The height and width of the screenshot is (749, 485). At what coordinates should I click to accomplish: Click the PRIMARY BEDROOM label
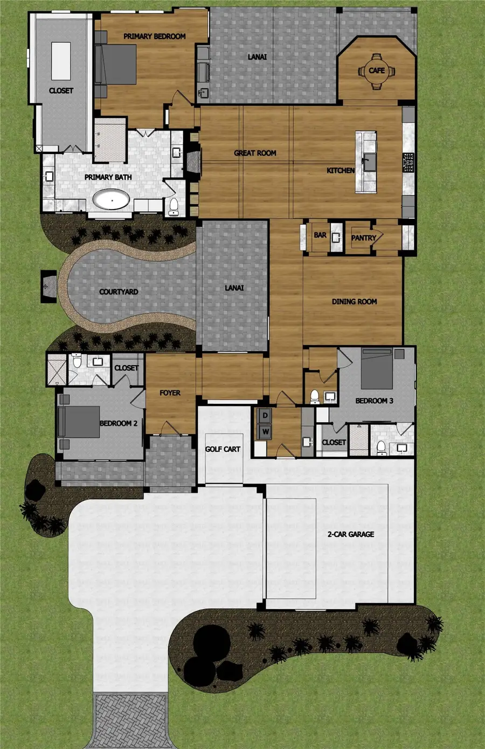coord(154,36)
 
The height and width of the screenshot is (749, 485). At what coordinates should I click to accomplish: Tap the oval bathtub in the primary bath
coord(111,200)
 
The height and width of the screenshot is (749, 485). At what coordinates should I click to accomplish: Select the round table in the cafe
coord(377,71)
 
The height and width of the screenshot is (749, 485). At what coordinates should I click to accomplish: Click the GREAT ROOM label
coord(255,153)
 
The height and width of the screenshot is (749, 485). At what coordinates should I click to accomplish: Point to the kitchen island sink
coord(370,162)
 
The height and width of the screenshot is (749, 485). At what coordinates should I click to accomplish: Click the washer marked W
coord(266,431)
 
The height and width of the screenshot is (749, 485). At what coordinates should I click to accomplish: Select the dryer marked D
coord(265,416)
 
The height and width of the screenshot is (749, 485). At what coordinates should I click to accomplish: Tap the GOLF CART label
coord(223,449)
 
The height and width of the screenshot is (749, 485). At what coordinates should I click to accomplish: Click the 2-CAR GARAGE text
coord(351,534)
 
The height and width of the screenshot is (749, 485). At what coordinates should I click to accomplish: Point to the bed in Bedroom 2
coord(79,422)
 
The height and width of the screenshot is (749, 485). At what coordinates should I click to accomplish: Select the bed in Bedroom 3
coord(377,368)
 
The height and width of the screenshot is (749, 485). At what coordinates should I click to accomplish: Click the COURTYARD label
coord(119,291)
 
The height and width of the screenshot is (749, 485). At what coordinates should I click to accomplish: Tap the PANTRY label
coord(364,238)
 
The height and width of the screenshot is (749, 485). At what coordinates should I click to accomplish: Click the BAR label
coord(320,235)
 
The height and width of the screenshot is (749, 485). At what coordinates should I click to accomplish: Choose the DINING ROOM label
coord(354,302)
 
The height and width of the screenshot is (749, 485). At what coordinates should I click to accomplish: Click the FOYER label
coord(170,393)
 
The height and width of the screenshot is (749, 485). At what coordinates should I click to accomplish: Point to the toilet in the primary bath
coord(174,207)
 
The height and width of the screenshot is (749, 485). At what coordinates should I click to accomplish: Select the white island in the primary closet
coord(61,61)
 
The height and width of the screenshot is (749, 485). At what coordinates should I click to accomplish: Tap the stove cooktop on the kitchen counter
coord(408,162)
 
